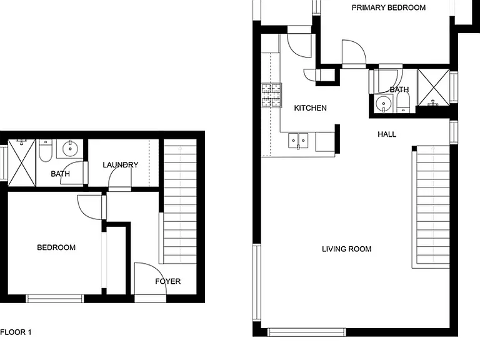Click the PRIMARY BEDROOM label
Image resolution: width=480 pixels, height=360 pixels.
(389, 7)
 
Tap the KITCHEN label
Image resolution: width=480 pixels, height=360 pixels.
(310, 108)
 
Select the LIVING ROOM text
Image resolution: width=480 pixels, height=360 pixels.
(346, 249)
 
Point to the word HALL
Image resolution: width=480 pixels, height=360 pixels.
(387, 134)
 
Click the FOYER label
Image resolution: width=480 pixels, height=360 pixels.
(167, 281)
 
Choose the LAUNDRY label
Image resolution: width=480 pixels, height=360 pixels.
(120, 165)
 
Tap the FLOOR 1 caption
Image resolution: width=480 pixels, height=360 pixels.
(16, 332)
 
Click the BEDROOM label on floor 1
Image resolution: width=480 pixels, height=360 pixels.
(56, 247)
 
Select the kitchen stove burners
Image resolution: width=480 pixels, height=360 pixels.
(271, 95)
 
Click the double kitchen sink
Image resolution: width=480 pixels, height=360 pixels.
(298, 141)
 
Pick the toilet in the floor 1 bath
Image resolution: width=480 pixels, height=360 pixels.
(45, 151)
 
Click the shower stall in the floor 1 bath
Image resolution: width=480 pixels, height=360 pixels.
(22, 162)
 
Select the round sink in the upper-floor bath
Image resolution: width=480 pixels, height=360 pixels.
(383, 104)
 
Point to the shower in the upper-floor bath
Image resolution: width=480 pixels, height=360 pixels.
(433, 87)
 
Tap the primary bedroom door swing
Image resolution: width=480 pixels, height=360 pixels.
(354, 52)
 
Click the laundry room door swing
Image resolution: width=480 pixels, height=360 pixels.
(120, 177)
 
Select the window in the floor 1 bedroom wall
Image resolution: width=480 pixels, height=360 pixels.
(55, 299)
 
